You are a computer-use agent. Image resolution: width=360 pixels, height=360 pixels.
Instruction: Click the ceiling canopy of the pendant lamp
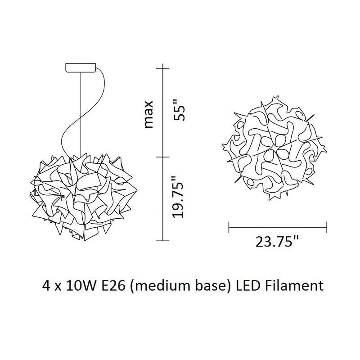tap(81, 68)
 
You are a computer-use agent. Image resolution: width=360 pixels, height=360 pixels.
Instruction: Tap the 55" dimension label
tap(179, 113)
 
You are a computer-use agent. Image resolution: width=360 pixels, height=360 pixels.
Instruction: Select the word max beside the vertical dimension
tap(148, 114)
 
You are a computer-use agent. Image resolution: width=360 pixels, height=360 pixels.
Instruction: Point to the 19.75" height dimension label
tap(178, 197)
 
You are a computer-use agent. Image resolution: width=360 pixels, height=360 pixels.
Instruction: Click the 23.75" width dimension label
tap(277, 242)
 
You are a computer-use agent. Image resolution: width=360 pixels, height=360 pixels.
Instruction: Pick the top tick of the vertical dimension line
tap(163, 68)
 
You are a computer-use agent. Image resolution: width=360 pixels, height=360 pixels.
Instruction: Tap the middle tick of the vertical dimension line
tap(163, 157)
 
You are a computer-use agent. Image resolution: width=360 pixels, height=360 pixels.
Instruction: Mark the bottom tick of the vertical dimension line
tap(163, 241)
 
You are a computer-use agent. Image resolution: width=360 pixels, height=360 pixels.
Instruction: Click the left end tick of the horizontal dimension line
tap(229, 227)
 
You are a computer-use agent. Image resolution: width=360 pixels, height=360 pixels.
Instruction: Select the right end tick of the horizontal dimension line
tap(327, 227)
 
